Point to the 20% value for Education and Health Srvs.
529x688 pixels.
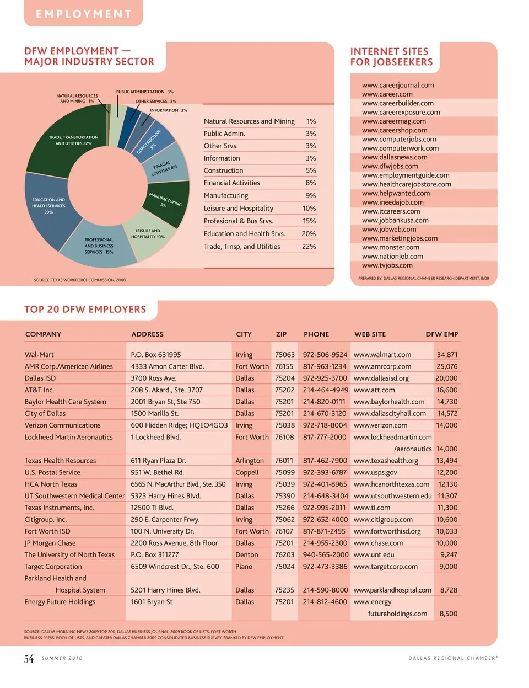[309, 234]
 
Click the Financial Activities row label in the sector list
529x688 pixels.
[232, 183]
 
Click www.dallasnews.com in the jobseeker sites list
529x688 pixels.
[395, 157]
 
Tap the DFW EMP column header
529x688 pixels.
[442, 334]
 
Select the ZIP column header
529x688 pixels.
[282, 334]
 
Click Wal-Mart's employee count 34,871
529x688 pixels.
[447, 355]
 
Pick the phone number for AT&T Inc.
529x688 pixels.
[325, 390]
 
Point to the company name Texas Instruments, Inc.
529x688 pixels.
[59, 508]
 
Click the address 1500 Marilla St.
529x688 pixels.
[155, 414]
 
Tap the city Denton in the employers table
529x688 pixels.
[246, 555]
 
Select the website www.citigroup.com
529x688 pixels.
[383, 520]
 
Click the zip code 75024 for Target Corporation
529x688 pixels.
[284, 567]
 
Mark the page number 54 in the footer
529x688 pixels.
[29, 659]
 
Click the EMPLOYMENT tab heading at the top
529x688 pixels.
[84, 14]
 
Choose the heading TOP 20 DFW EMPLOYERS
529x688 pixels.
[85, 310]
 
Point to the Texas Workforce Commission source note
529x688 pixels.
[80, 280]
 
